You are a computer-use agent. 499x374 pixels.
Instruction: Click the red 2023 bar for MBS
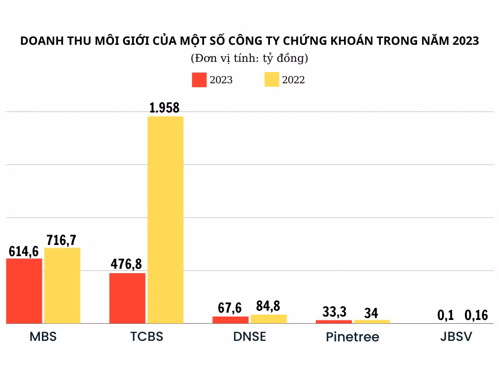(x=24, y=291)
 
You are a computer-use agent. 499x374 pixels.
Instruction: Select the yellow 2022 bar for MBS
(x=62, y=285)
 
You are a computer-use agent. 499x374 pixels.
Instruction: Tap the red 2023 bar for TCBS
(x=127, y=298)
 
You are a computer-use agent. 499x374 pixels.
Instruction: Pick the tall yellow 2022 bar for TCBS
(x=165, y=219)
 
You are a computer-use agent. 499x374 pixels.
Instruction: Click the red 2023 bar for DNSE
(x=230, y=320)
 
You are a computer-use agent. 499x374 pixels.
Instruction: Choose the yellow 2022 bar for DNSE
(x=269, y=319)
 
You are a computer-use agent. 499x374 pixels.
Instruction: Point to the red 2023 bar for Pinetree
(x=334, y=321)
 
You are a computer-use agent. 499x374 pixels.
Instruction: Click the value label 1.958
(x=165, y=108)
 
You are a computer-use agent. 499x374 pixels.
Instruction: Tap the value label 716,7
(x=62, y=240)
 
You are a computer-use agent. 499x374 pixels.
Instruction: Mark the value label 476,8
(x=126, y=264)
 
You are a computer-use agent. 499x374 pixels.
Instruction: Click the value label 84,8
(x=268, y=306)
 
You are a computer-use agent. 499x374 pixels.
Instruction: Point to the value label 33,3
(x=334, y=312)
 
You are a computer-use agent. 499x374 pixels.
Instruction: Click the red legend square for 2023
(x=199, y=80)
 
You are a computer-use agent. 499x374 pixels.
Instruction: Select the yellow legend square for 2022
(x=271, y=80)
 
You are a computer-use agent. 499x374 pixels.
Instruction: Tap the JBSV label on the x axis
(x=455, y=337)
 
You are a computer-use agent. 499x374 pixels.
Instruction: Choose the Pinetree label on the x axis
(x=352, y=337)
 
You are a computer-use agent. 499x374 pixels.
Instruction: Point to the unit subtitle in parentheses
(x=249, y=59)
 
